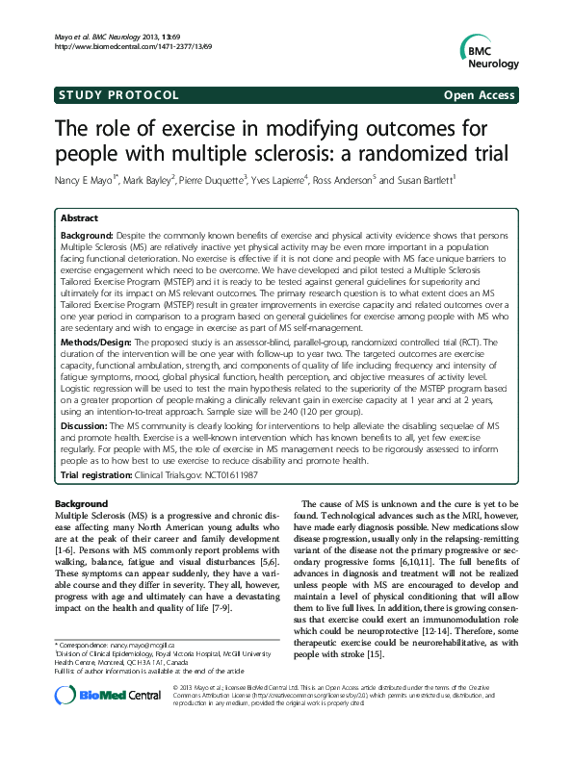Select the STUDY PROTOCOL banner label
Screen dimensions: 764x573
(x=118, y=95)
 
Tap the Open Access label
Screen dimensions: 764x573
(x=480, y=95)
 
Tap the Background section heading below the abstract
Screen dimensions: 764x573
(x=81, y=504)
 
